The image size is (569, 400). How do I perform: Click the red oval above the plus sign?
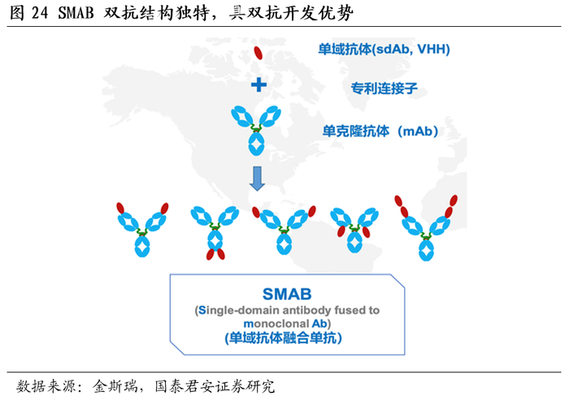[258, 54]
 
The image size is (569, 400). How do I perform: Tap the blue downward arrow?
[258, 178]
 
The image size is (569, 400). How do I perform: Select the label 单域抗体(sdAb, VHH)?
[384, 49]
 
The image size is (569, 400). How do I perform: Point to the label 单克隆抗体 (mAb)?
[380, 130]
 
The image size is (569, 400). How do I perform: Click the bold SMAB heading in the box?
[287, 293]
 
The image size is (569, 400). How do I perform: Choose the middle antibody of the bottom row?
[284, 229]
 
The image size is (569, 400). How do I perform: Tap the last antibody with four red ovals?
[425, 228]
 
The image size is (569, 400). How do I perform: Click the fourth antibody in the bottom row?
[354, 230]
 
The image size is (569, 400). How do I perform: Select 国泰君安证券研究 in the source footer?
[215, 385]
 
